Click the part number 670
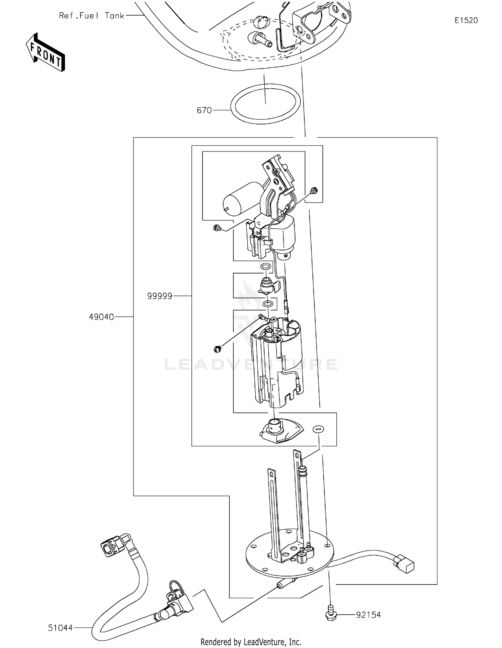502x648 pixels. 204,110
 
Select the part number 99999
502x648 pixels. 160,296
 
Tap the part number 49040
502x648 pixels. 101,317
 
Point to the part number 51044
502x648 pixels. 60,628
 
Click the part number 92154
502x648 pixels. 368,615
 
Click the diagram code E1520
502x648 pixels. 466,20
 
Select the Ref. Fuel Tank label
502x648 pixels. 91,16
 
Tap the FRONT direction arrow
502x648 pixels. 46,52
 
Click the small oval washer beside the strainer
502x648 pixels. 318,429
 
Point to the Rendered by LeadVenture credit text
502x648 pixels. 251,642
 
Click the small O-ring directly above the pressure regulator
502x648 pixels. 265,266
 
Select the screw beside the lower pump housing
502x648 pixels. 217,349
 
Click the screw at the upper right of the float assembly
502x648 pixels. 314,191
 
